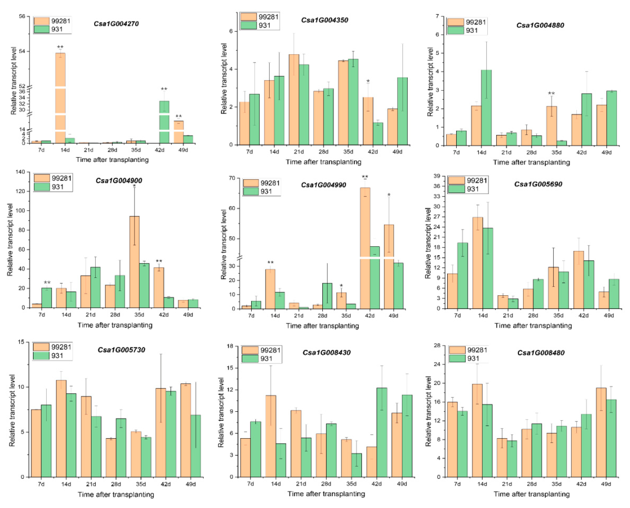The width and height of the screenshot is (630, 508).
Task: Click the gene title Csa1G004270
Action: coord(116,24)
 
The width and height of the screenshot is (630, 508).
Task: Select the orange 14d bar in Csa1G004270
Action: coord(60,98)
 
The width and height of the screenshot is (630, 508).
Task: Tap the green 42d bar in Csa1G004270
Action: coord(164,122)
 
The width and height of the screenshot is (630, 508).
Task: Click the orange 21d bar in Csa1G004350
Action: coord(294,100)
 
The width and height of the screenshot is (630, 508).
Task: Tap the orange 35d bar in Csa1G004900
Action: coord(134,262)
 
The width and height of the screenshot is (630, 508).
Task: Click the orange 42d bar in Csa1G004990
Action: coord(365,248)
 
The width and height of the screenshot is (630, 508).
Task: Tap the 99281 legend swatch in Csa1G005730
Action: coord(41,347)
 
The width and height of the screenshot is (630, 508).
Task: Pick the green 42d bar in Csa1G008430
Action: coord(382,433)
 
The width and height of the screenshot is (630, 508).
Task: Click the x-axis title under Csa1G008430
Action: coord(326,494)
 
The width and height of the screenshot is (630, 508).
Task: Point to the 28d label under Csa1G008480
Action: coord(532,484)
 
